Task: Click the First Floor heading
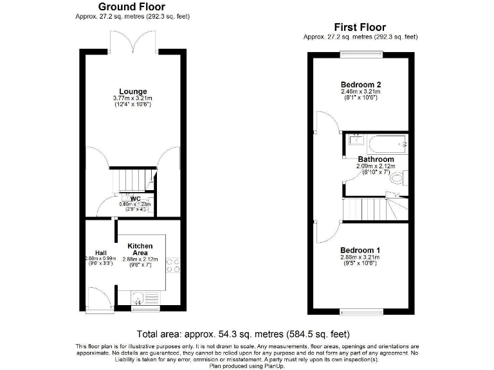click(x=360, y=27)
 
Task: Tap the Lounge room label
click(x=133, y=91)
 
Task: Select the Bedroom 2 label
click(x=360, y=85)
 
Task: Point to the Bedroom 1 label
click(x=360, y=250)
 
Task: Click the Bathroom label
click(x=376, y=159)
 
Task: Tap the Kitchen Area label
click(x=140, y=250)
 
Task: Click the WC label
click(x=135, y=198)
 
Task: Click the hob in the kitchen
click(x=173, y=265)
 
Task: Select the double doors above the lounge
click(x=134, y=42)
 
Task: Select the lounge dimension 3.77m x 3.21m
click(x=133, y=98)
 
